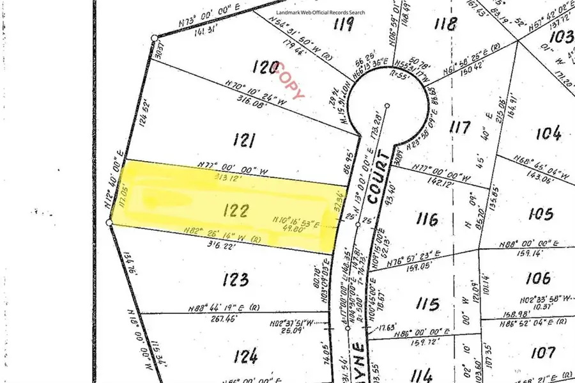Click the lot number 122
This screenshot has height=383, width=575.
point(236,210)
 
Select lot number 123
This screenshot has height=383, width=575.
point(236,279)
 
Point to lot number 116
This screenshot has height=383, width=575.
point(426,219)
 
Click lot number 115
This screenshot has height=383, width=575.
point(426,302)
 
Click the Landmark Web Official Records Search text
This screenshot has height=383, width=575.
point(321,12)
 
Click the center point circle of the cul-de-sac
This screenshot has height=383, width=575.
point(387,106)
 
